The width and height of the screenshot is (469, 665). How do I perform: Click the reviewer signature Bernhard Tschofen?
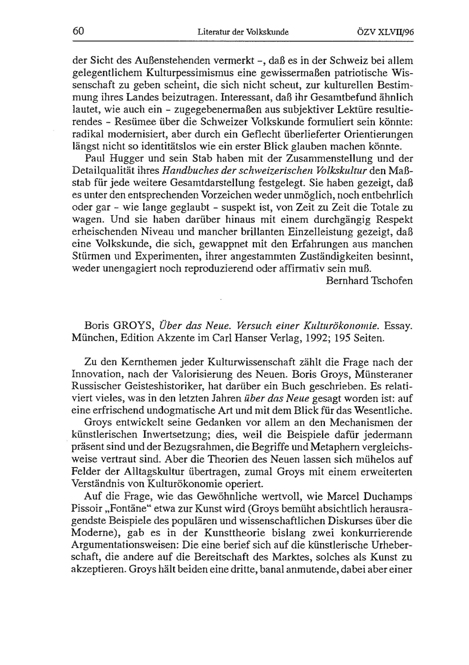(x=369, y=281)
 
